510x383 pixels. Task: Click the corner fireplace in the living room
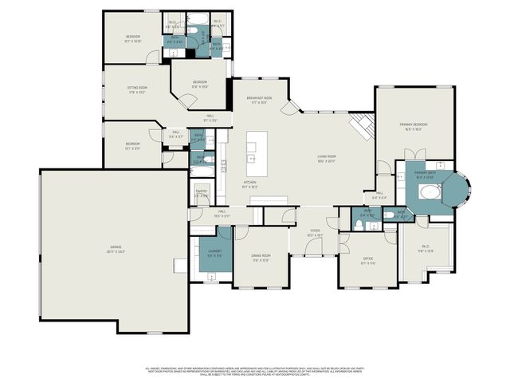click(x=363, y=124)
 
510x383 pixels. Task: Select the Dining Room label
click(x=261, y=258)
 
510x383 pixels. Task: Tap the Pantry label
click(x=202, y=193)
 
